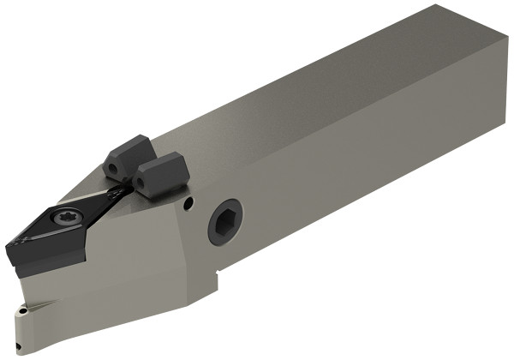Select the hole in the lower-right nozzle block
[x=140, y=183]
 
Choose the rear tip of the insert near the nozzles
[x=128, y=190]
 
